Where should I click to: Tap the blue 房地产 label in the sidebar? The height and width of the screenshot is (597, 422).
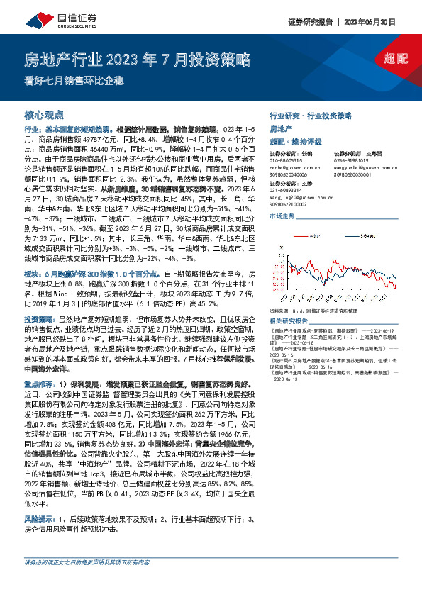(x=281, y=128)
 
